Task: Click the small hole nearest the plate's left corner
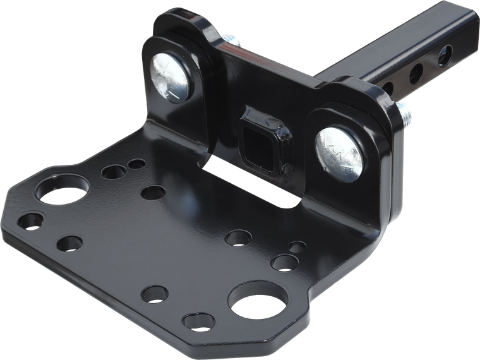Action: coord(30,220)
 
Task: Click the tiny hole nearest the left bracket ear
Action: coord(136,164)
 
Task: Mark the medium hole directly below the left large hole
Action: coord(69,243)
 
